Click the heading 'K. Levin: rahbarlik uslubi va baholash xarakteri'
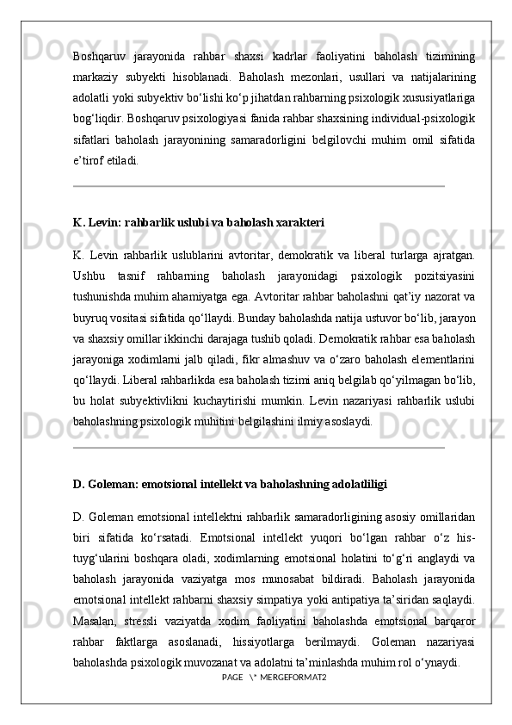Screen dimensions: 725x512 point(199,222)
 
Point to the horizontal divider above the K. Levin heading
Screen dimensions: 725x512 point(259,185)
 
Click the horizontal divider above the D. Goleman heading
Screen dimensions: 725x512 point(259,448)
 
